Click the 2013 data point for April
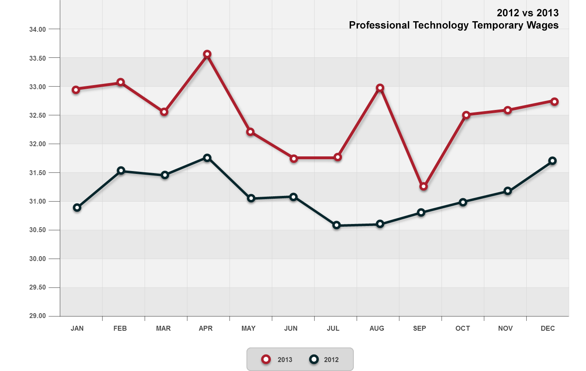(207, 54)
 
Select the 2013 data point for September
(423, 186)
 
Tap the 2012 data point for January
(77, 208)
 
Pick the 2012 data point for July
(336, 225)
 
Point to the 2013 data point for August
(380, 88)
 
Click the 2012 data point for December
(552, 161)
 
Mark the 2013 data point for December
(554, 101)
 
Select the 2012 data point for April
(207, 158)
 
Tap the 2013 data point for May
(251, 132)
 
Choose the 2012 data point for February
(121, 170)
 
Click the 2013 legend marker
(266, 359)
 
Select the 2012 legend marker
(314, 359)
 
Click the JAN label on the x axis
(77, 328)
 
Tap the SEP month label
(419, 328)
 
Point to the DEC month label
(548, 328)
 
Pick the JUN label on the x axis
(291, 328)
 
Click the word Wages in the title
(542, 25)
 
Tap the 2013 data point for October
(466, 115)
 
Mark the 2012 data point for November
(508, 191)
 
